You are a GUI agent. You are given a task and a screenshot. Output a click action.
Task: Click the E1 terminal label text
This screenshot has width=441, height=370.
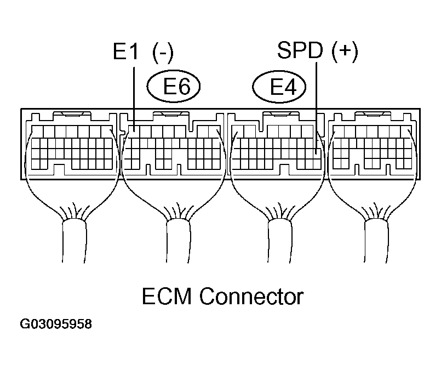pyautogui.click(x=125, y=51)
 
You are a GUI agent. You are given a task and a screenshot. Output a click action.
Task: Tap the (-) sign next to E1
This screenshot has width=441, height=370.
pyautogui.click(x=163, y=53)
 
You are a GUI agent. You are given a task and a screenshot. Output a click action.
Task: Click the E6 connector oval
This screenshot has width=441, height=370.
pyautogui.click(x=174, y=86)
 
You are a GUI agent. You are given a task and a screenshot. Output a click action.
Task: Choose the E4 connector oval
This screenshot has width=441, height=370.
pyautogui.click(x=279, y=86)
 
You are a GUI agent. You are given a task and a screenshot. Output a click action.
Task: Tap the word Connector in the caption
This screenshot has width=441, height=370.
pyautogui.click(x=251, y=296)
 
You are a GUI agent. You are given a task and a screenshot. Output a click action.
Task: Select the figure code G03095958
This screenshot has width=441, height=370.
pyautogui.click(x=56, y=324)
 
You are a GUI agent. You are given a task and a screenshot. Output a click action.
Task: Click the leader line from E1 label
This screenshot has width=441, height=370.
pyautogui.click(x=134, y=99)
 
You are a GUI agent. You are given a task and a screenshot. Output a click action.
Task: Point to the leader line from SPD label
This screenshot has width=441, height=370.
pyautogui.click(x=317, y=108)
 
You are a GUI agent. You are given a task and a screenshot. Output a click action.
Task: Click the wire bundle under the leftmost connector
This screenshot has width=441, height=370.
pyautogui.click(x=74, y=241)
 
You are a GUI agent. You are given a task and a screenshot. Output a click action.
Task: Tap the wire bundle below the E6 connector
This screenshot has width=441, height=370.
pyautogui.click(x=178, y=241)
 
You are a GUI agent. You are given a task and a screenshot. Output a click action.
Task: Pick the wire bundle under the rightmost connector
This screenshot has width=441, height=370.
pyautogui.click(x=376, y=241)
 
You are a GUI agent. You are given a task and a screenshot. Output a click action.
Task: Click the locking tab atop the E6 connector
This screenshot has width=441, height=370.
pyautogui.click(x=171, y=114)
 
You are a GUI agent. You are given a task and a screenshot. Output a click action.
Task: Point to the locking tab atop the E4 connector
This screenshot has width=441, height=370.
pyautogui.click(x=280, y=114)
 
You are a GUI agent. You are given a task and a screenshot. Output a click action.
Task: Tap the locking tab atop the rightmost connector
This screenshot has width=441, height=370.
pyautogui.click(x=373, y=114)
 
